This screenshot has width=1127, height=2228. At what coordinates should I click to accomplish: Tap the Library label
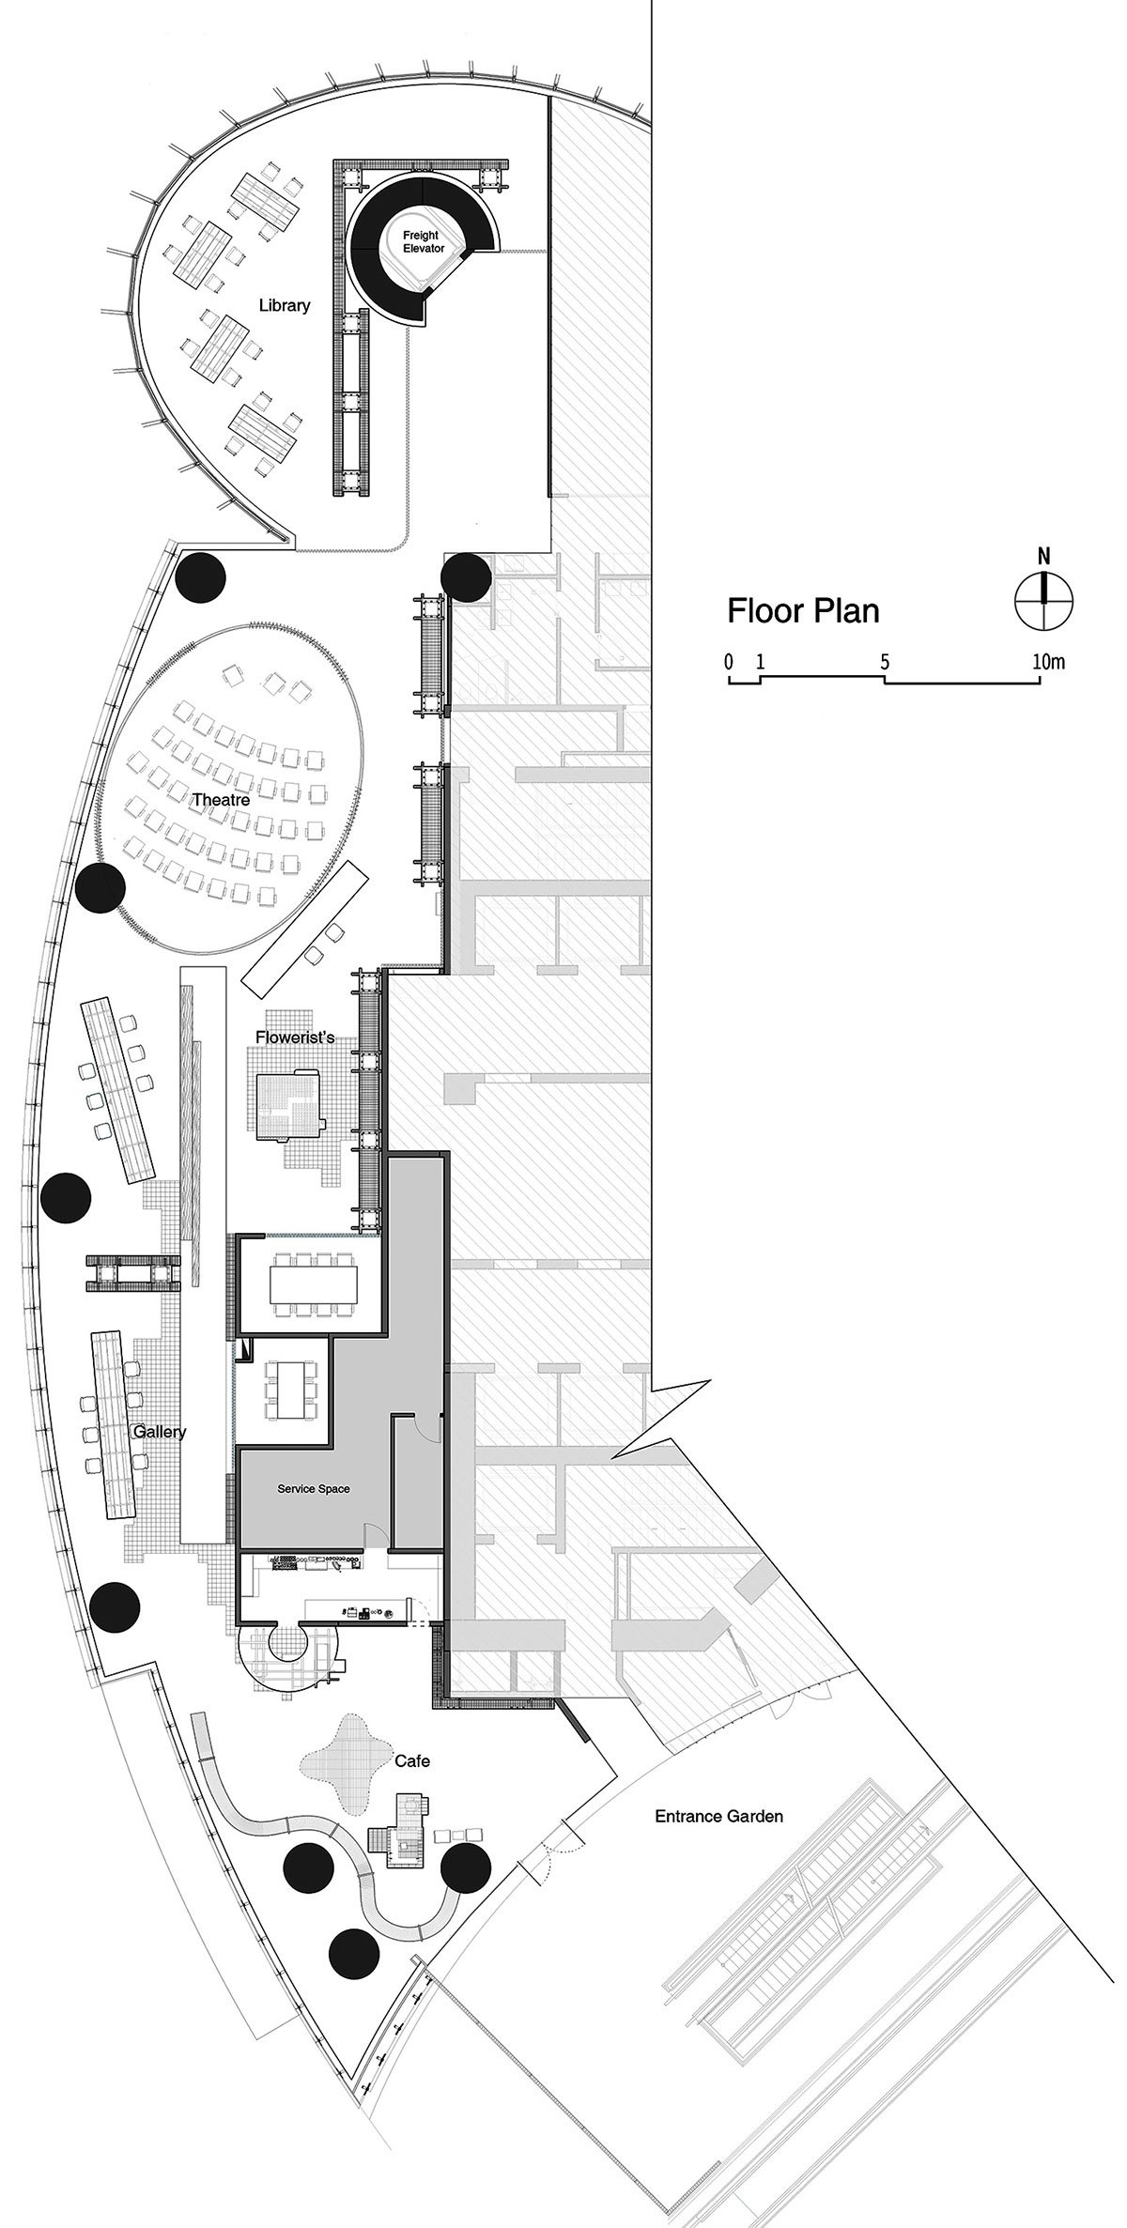284,305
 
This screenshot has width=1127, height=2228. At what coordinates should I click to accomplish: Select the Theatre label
221,800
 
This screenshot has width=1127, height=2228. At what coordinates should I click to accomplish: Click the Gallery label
159,1432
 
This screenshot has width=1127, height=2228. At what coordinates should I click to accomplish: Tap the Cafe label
411,1760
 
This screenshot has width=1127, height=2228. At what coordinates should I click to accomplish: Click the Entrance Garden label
718,1817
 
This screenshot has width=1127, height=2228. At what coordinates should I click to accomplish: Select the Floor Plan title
804,611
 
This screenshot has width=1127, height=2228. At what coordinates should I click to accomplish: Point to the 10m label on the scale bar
1049,661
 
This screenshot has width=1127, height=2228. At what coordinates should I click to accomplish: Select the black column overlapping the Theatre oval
100,887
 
